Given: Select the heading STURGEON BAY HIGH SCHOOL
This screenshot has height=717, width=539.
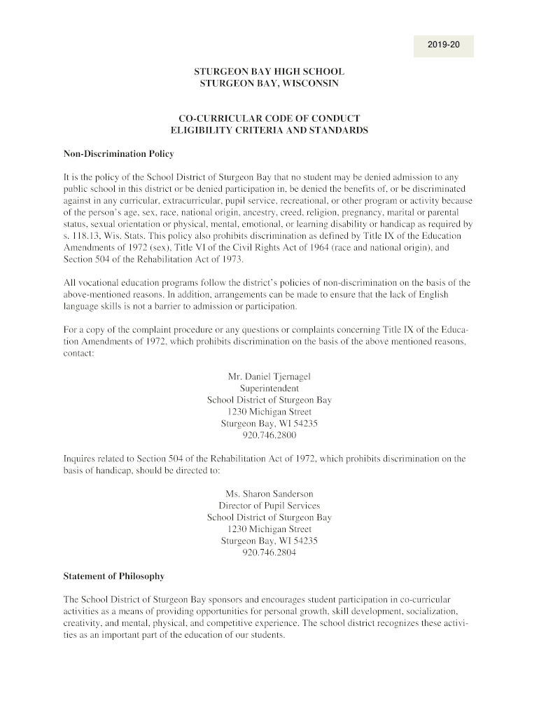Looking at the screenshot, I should tap(269, 71).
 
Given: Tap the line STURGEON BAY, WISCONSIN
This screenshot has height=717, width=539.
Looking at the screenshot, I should tap(269, 83).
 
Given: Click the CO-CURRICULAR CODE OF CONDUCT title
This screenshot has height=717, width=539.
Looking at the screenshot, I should tap(269, 118).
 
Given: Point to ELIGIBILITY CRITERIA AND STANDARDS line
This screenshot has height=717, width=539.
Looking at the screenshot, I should tap(269, 130).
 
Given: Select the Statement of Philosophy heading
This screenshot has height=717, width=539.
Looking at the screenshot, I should tap(114, 576).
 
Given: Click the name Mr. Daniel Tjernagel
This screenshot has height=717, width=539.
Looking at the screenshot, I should tap(269, 377).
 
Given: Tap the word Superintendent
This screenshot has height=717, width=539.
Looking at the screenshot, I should tap(269, 389).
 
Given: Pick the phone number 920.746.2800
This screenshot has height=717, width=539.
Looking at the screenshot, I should tap(269, 436).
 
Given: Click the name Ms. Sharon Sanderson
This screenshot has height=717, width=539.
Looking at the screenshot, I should tap(269, 494).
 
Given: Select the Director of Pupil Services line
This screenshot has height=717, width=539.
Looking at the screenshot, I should tap(269, 506).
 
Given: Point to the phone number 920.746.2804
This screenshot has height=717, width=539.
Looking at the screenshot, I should tap(269, 552).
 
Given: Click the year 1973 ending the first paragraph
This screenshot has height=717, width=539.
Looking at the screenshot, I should tap(230, 260).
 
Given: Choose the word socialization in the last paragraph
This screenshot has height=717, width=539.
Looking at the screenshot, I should tap(428, 612).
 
